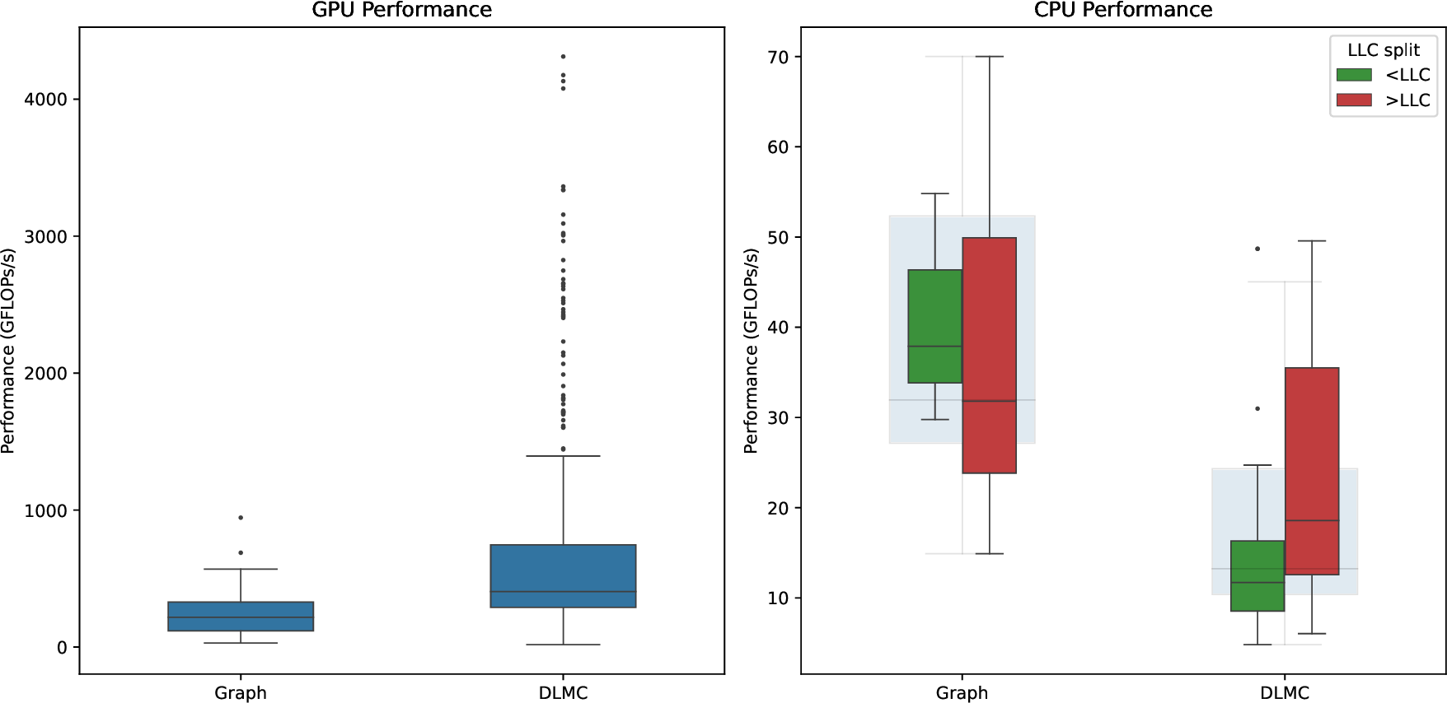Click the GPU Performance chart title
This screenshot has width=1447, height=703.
[x=401, y=10]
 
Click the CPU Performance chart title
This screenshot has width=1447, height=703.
[x=1122, y=10]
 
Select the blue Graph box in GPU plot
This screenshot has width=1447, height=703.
[x=241, y=616]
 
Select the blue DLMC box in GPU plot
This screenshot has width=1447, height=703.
[x=563, y=575]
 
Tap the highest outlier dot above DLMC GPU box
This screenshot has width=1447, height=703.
[x=563, y=57]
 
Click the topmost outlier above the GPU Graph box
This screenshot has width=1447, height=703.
[x=241, y=518]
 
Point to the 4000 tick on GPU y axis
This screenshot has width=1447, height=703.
[x=45, y=100]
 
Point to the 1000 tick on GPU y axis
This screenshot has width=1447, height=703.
[x=45, y=510]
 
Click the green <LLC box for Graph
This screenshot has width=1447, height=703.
[x=934, y=326]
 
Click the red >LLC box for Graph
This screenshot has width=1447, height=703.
[x=989, y=355]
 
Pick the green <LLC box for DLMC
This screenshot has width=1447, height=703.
[x=1257, y=575]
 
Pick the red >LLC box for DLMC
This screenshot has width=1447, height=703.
[x=1311, y=471]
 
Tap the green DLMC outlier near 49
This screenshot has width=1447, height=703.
[x=1257, y=249]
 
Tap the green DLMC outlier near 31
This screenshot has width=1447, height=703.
[x=1257, y=408]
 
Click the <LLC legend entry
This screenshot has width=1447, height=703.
[x=1384, y=75]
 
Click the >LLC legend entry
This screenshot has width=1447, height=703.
[x=1384, y=100]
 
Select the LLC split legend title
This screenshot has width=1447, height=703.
[x=1383, y=49]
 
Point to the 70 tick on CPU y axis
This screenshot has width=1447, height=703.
[x=778, y=58]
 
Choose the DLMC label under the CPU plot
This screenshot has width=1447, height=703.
[x=1284, y=693]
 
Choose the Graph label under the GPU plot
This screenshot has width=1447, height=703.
[x=241, y=693]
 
